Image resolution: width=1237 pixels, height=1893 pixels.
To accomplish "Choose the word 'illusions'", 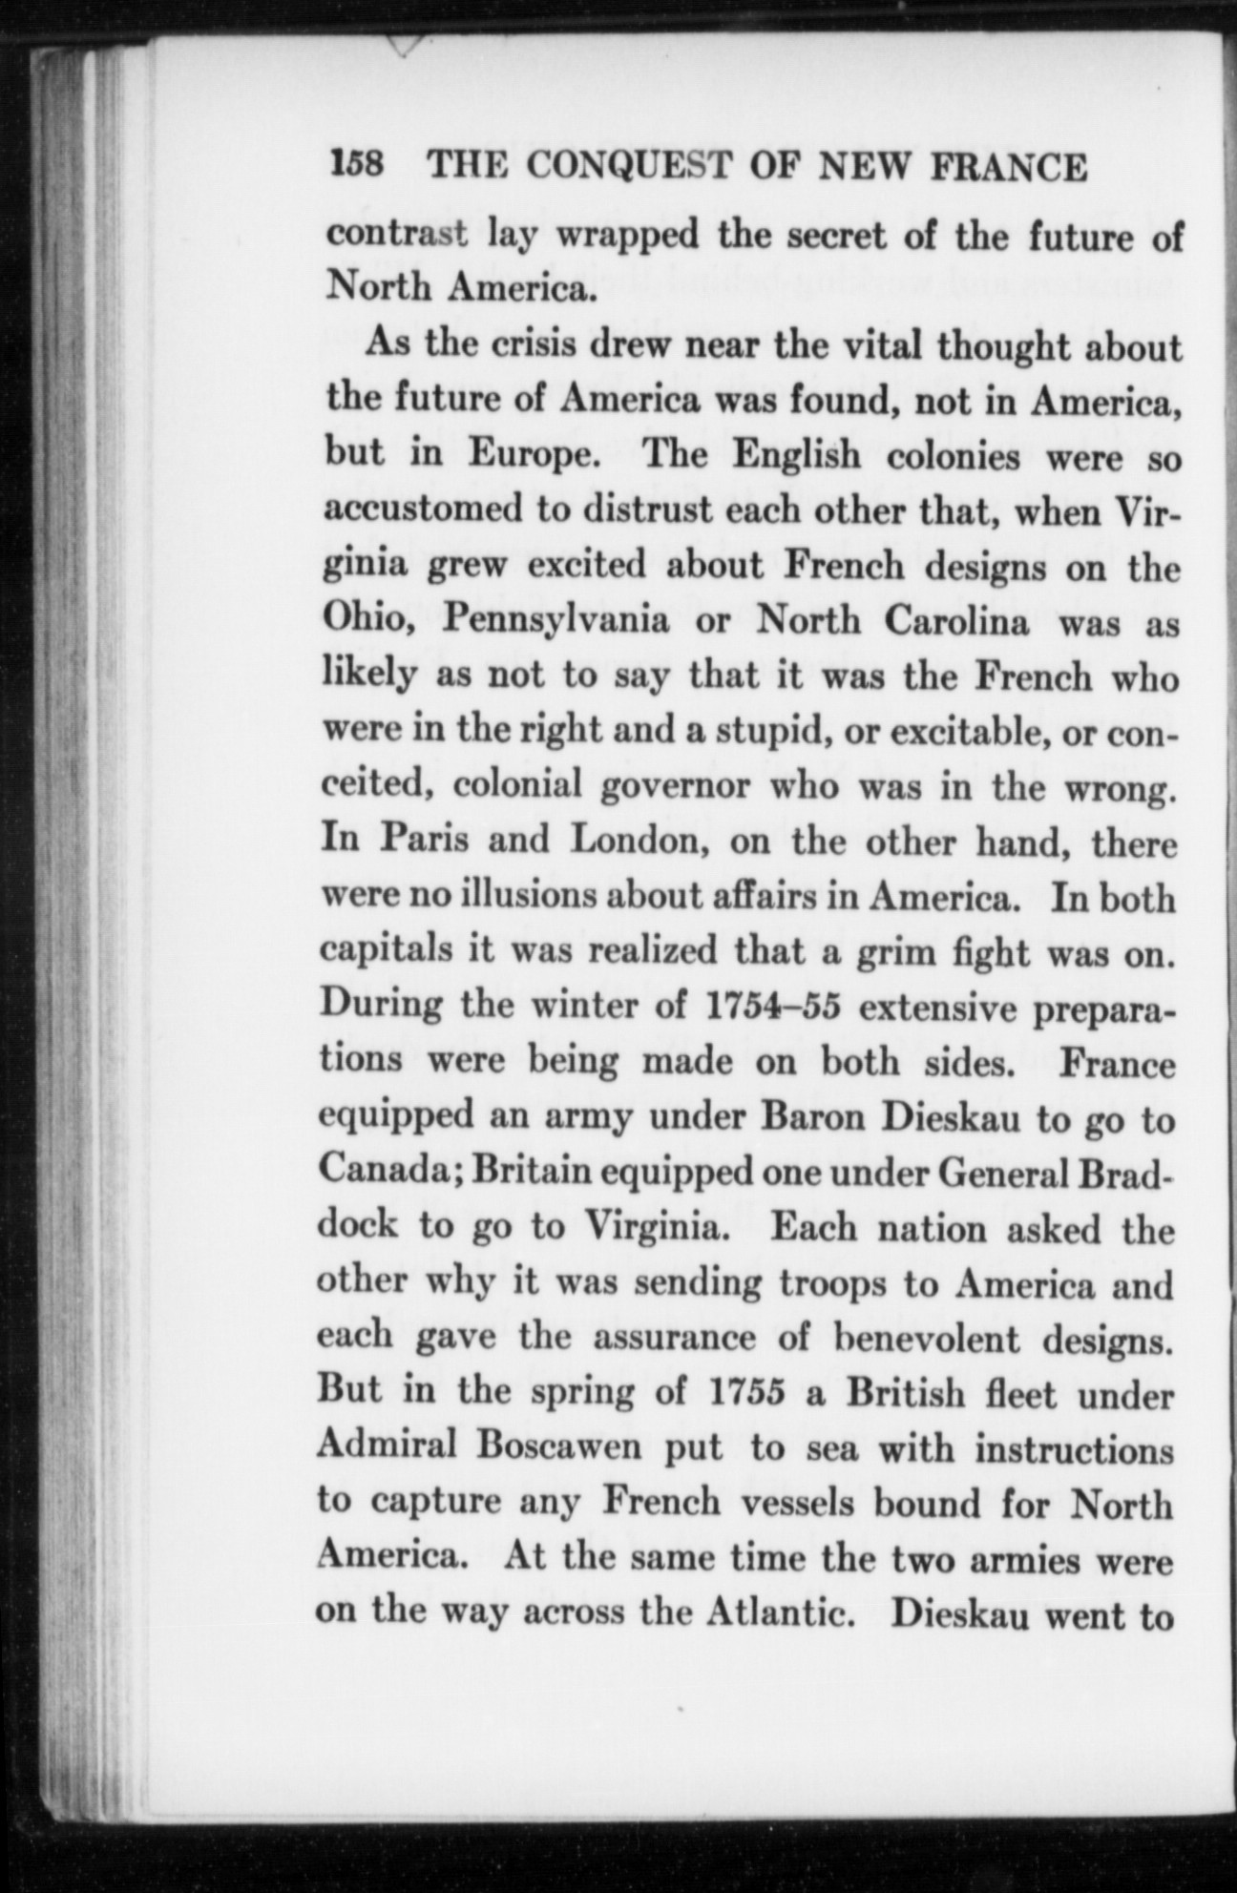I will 514,898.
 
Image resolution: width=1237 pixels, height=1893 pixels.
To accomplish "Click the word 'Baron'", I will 812,1117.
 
